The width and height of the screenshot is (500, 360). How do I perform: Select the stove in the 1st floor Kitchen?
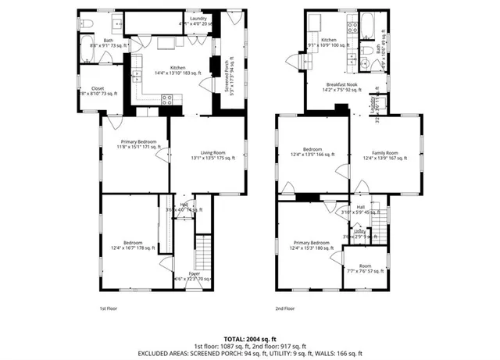[166, 98]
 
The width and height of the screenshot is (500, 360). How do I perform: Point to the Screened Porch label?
[227, 76]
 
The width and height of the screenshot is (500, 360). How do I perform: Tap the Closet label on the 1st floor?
[98, 88]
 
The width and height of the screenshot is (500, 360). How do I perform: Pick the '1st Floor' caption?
[108, 308]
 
